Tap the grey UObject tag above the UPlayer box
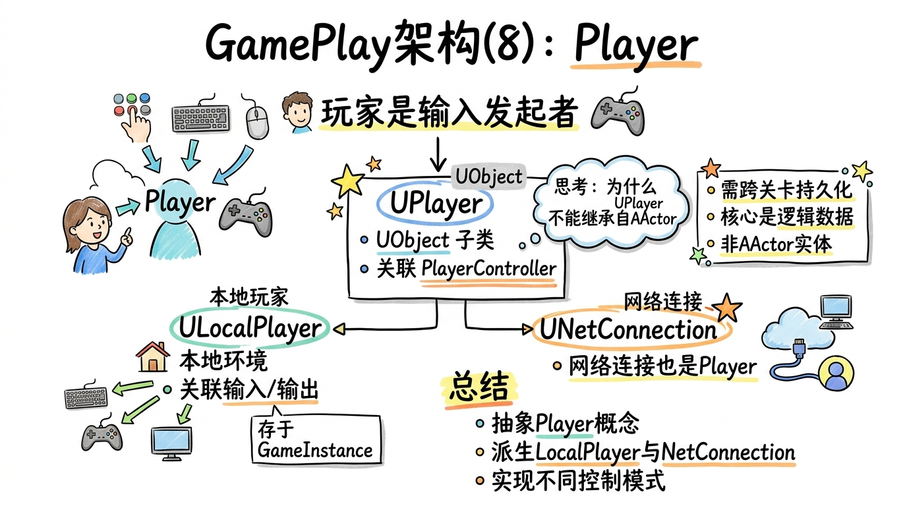[488, 177]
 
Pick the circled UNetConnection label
[628, 330]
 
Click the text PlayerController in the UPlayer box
[488, 269]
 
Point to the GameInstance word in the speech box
[314, 451]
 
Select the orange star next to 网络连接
[727, 307]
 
